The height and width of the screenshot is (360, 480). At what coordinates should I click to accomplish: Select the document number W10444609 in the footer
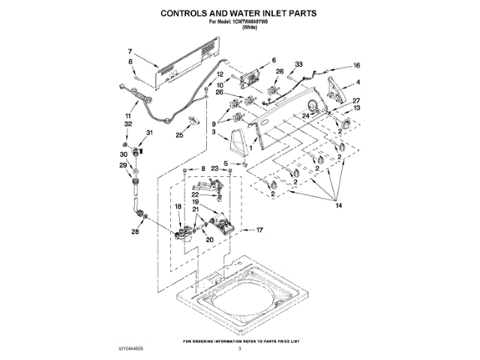(x=130, y=349)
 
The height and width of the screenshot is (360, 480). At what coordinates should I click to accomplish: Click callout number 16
(x=357, y=65)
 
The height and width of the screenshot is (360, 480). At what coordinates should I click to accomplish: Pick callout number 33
(x=298, y=66)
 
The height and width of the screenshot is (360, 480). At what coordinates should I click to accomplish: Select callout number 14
(x=338, y=205)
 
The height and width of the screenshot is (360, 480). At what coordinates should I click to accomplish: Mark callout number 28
(x=136, y=232)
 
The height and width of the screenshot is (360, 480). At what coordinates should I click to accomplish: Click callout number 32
(x=127, y=124)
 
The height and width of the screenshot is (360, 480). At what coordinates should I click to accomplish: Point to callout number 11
(x=128, y=115)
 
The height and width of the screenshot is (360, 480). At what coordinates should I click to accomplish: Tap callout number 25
(x=179, y=136)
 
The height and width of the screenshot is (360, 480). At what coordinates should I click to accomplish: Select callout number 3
(x=214, y=132)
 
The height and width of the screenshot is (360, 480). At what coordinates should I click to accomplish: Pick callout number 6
(x=273, y=60)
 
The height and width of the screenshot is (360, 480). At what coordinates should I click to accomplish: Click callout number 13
(x=356, y=108)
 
